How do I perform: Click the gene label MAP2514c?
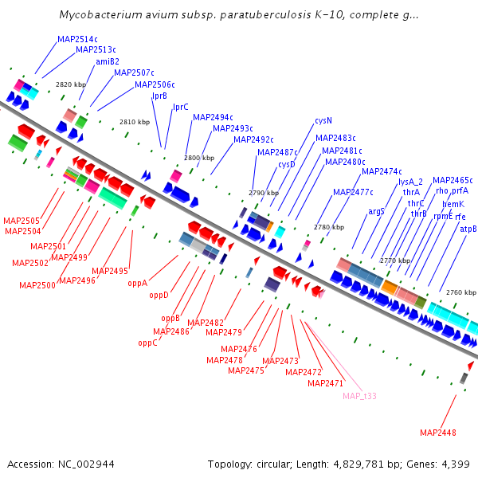(77, 39)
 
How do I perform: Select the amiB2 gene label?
(107, 61)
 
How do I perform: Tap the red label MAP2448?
(438, 433)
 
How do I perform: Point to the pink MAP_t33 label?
(359, 396)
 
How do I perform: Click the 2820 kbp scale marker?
(70, 84)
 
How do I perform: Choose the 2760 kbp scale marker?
(460, 292)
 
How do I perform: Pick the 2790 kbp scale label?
(264, 193)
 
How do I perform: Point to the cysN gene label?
(323, 121)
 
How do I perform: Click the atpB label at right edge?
(468, 229)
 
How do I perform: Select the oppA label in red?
(138, 283)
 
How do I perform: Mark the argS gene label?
(377, 211)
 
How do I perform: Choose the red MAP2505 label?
(22, 221)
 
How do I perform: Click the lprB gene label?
(159, 96)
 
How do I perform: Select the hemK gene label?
(453, 204)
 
